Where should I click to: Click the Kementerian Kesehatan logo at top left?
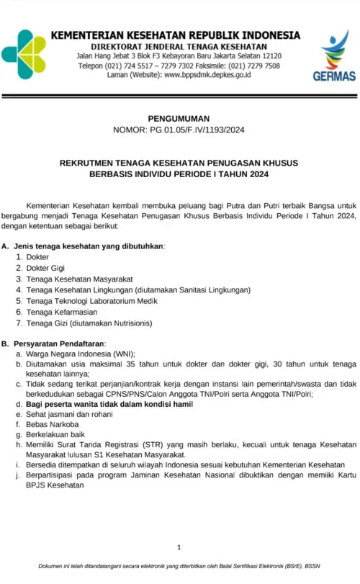tap(23, 54)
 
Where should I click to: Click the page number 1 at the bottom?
tap(179, 548)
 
